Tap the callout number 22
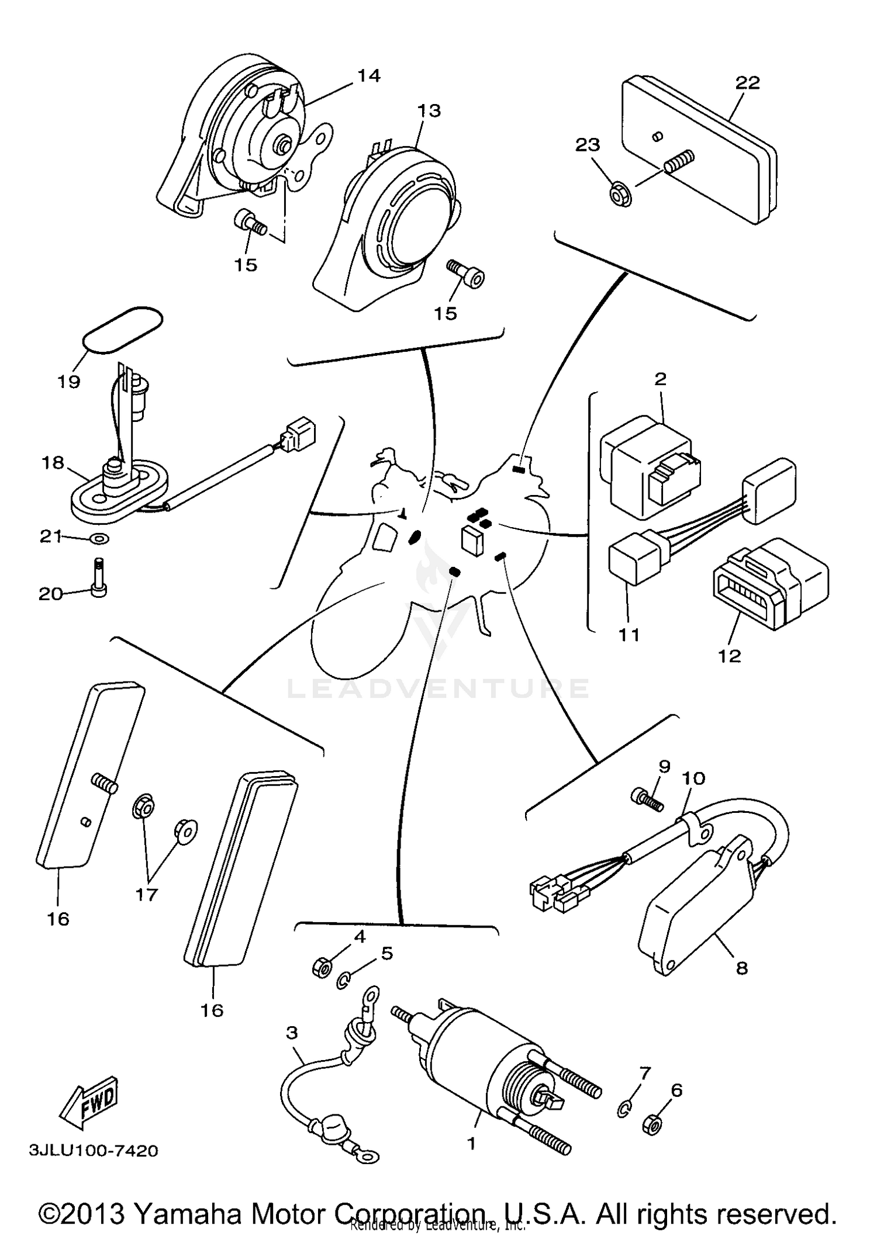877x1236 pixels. (x=747, y=83)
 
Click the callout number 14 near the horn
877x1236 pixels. (x=368, y=76)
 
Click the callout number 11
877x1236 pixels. (x=629, y=635)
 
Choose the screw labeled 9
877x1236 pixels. (x=646, y=798)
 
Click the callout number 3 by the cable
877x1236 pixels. (x=292, y=1033)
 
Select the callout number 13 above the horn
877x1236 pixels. (x=429, y=110)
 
